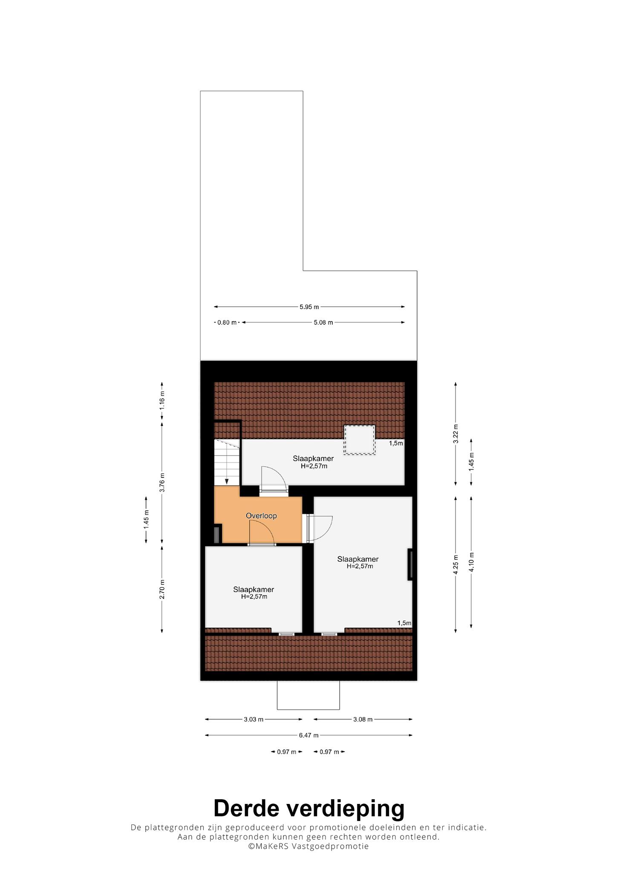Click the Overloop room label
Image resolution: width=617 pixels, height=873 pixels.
pyautogui.click(x=261, y=516)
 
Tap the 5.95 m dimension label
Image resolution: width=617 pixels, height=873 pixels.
pyautogui.click(x=309, y=307)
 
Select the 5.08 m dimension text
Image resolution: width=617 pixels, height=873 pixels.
pyautogui.click(x=323, y=322)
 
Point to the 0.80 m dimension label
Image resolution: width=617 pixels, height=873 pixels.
pyautogui.click(x=227, y=322)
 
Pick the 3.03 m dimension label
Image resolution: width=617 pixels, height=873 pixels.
pyautogui.click(x=254, y=719)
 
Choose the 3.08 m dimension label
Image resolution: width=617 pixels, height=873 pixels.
pyautogui.click(x=363, y=719)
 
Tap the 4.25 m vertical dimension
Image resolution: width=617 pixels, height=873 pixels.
pyautogui.click(x=456, y=565)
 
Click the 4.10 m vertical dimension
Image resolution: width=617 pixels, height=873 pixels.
pyautogui.click(x=471, y=563)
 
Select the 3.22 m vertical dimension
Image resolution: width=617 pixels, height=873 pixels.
pyautogui.click(x=456, y=434)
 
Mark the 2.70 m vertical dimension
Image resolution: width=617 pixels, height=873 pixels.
pyautogui.click(x=162, y=589)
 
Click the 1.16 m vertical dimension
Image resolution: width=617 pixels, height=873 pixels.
pyautogui.click(x=162, y=401)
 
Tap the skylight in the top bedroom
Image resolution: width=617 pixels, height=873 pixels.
pyautogui.click(x=360, y=439)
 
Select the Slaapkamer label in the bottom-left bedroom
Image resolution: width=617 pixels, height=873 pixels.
pyautogui.click(x=254, y=590)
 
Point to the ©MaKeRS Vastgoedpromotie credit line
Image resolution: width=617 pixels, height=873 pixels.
pyautogui.click(x=308, y=847)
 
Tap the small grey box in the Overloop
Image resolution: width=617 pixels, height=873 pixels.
pyautogui.click(x=217, y=535)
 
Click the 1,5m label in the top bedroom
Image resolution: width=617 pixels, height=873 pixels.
pyautogui.click(x=396, y=443)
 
